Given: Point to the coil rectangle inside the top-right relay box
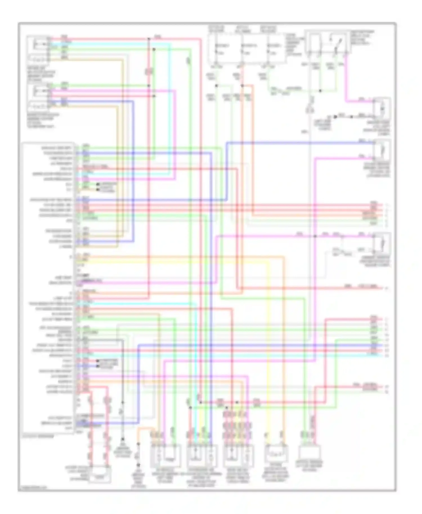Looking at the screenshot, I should [315, 42].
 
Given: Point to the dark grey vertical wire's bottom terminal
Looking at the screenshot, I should [123, 439].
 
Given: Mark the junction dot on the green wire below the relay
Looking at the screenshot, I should [320, 91].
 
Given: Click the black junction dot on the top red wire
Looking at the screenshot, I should [149, 39].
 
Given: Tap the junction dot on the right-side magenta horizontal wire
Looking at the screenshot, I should [315, 236].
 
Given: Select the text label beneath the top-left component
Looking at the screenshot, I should [41, 74].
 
